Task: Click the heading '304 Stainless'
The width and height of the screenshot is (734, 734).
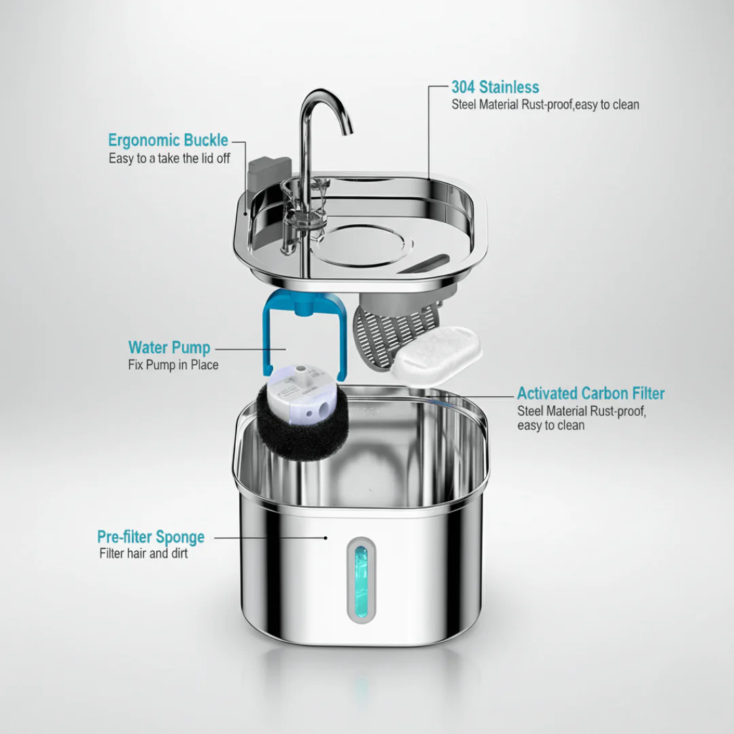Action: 495,87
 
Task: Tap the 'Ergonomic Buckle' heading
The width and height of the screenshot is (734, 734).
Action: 168,140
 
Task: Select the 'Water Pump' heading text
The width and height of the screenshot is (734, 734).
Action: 169,348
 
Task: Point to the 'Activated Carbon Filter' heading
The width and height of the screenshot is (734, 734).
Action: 591,394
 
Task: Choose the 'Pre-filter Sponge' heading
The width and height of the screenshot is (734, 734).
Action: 151,537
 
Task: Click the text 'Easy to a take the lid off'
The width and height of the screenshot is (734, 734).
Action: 169,158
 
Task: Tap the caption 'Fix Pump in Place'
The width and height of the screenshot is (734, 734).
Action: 173,365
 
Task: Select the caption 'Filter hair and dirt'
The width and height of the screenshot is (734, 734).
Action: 143,553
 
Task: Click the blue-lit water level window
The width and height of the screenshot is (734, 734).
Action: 361,580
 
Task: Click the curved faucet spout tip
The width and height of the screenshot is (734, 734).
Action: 348,131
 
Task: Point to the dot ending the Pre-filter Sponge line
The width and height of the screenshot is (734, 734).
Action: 326,538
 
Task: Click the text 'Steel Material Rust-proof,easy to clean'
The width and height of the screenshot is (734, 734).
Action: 545,105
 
